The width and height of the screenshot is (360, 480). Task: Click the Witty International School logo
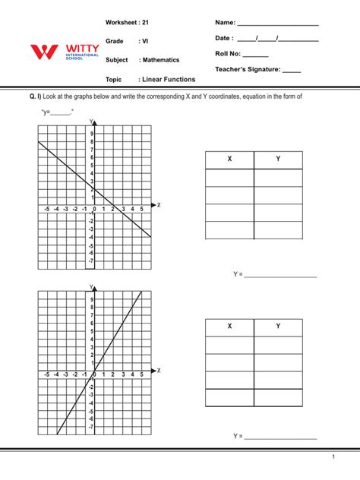(x=65, y=53)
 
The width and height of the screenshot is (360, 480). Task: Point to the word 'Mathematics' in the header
(x=158, y=59)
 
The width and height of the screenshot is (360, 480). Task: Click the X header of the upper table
(x=229, y=159)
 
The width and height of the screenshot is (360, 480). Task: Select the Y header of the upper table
(x=278, y=159)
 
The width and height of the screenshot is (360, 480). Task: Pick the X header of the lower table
(x=229, y=327)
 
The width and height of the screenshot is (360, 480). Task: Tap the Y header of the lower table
(x=278, y=327)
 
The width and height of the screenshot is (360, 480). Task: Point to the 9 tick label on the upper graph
(x=91, y=133)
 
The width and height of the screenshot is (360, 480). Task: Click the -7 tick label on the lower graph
(x=91, y=427)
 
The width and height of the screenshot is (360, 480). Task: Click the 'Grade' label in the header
(x=114, y=40)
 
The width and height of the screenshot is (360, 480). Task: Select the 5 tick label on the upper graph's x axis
(x=141, y=209)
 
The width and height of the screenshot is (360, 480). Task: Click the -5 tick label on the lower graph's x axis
(x=47, y=374)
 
